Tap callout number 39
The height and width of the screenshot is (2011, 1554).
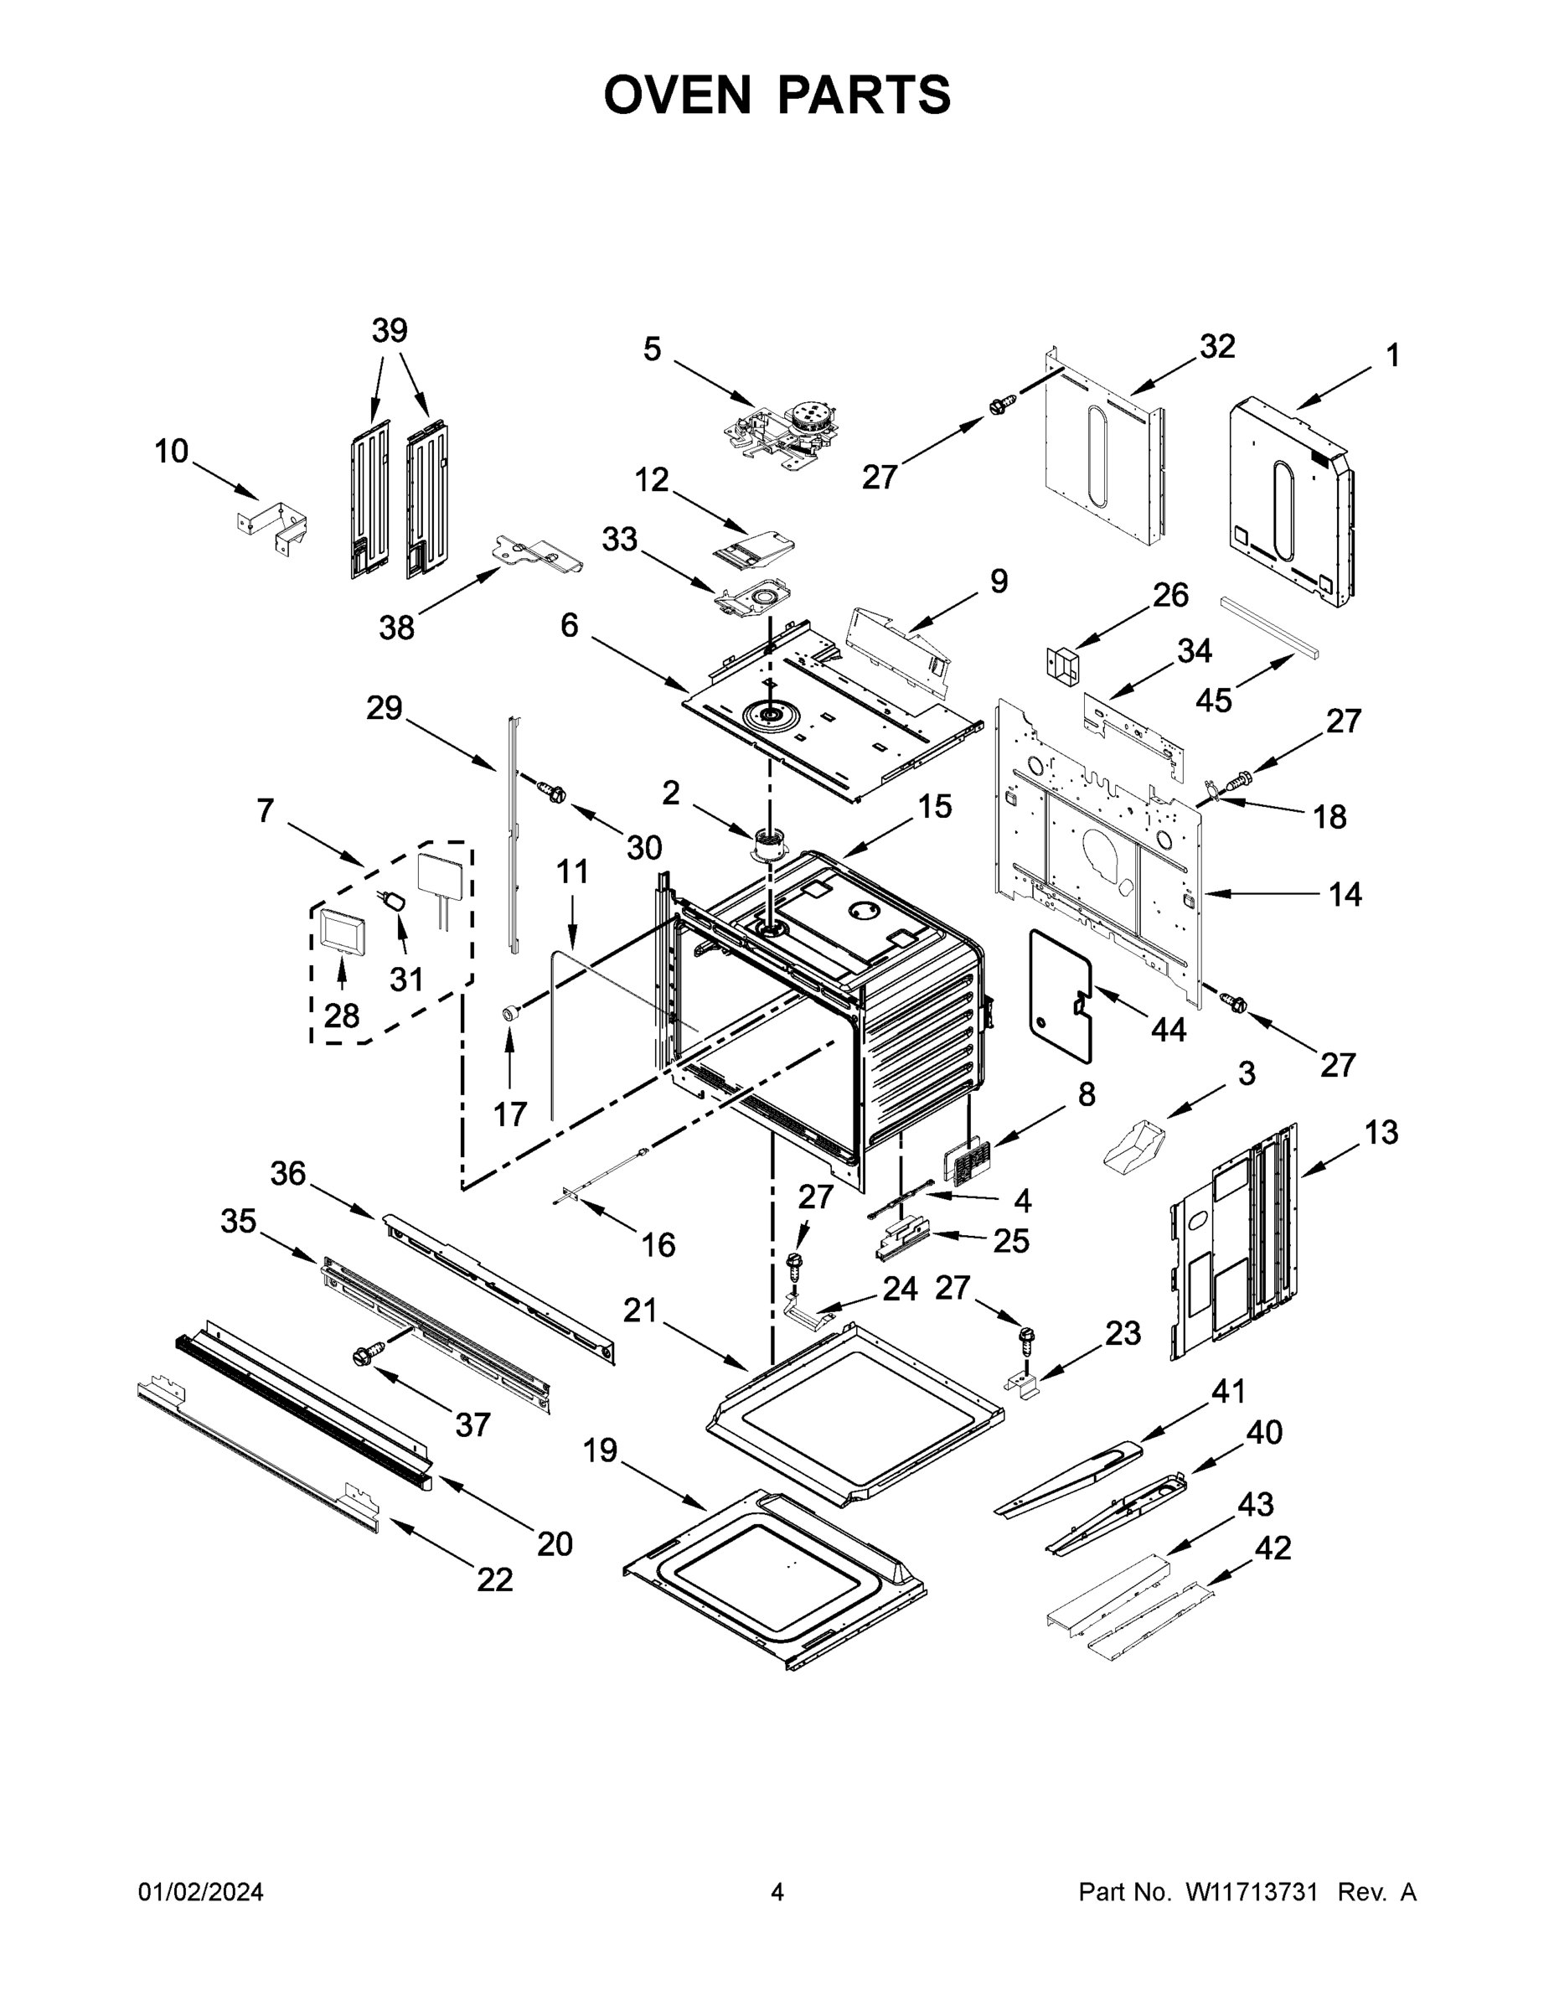(x=390, y=331)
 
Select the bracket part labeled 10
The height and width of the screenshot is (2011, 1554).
(x=274, y=529)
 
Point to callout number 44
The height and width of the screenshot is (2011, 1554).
(x=1169, y=1030)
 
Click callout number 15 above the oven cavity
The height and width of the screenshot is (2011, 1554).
(x=934, y=807)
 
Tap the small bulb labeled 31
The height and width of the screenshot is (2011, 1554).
(x=396, y=897)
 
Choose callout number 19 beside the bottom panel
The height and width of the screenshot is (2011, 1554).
(x=601, y=1451)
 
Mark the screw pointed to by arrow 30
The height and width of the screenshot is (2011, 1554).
(x=553, y=790)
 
